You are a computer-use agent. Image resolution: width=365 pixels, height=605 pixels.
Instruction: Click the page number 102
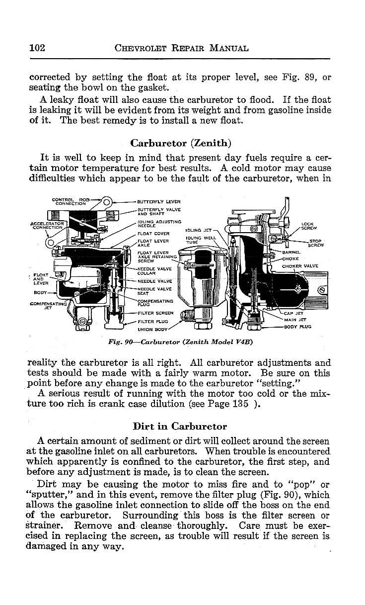[38, 48]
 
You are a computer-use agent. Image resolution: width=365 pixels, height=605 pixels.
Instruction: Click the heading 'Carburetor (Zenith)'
[181, 143]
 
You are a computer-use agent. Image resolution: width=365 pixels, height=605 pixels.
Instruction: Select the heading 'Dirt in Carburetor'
[180, 426]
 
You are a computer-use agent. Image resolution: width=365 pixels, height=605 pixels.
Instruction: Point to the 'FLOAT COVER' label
[153, 233]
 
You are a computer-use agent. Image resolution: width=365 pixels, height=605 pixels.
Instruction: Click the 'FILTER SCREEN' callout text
[155, 313]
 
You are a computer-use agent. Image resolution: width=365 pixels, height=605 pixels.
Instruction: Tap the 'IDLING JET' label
[198, 230]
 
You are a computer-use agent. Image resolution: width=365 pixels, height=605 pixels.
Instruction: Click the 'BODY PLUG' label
[297, 327]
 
